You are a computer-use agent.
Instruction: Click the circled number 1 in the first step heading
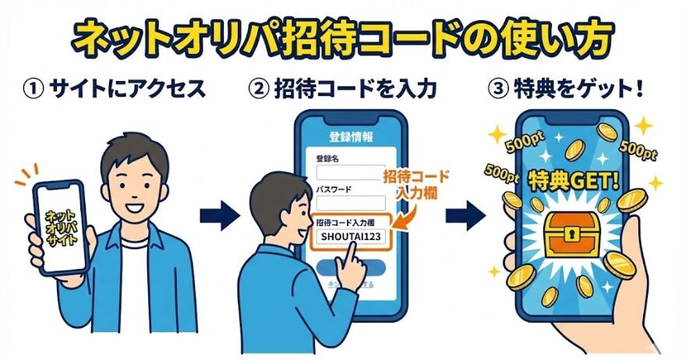tap(34, 89)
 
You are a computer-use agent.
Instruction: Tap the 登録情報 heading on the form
tap(350, 137)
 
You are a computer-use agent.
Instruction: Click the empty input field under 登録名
tap(349, 171)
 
